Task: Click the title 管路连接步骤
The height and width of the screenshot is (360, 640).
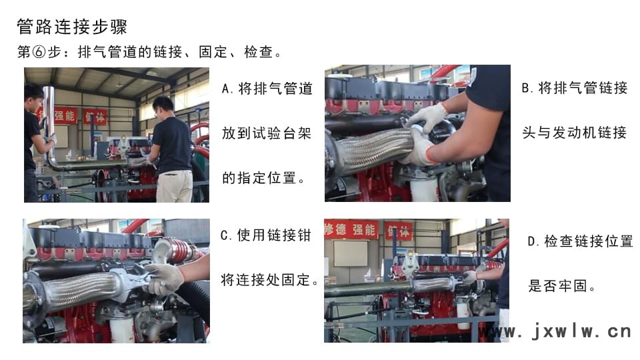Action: click(72, 27)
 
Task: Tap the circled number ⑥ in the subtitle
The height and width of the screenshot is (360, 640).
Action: click(39, 52)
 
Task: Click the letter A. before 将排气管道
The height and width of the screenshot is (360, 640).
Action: click(227, 89)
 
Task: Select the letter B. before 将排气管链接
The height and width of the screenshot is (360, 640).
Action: click(528, 88)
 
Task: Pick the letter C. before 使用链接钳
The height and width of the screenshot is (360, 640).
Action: click(226, 235)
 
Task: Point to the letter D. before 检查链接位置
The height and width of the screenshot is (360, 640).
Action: click(533, 241)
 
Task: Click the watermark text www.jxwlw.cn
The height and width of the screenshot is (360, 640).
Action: click(556, 331)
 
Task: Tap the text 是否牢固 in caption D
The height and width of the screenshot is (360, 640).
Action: click(558, 286)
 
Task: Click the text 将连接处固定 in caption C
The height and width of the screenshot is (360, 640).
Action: click(265, 280)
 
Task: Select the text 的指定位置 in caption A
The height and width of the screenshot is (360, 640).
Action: click(259, 178)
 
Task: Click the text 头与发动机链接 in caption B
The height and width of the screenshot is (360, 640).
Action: click(574, 133)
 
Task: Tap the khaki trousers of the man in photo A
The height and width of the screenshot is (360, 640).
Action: click(174, 187)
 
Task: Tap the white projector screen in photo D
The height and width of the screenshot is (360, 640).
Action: click(351, 253)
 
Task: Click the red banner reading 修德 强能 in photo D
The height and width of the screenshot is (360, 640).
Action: click(351, 230)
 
